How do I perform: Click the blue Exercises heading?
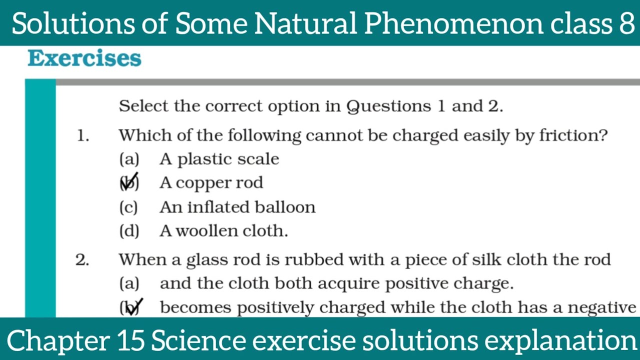click(x=84, y=58)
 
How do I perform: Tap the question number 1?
click(x=82, y=135)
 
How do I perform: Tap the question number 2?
click(x=82, y=260)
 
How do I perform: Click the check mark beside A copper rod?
click(x=129, y=182)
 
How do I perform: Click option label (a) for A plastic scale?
click(x=129, y=159)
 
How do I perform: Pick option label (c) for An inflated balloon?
click(x=128, y=207)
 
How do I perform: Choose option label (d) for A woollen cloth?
click(x=129, y=231)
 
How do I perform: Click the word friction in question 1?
click(x=573, y=135)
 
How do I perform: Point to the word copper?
click(x=196, y=183)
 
